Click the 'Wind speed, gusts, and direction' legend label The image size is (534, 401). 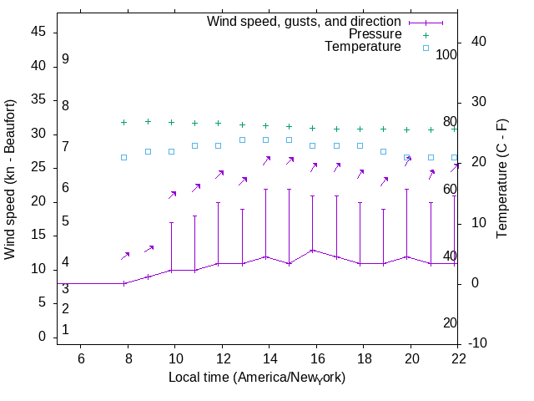pyautogui.click(x=304, y=21)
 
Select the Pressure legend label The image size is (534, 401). pyautogui.click(x=375, y=34)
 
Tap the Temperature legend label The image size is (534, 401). pyautogui.click(x=362, y=47)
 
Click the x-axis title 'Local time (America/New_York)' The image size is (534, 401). pyautogui.click(x=257, y=378)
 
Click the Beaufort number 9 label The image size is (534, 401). pyautogui.click(x=65, y=59)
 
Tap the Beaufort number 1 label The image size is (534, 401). pyautogui.click(x=65, y=330)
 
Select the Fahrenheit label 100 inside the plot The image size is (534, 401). pyautogui.click(x=446, y=54)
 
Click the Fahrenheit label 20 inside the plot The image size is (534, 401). pyautogui.click(x=450, y=322)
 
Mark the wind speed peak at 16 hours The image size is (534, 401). pyautogui.click(x=313, y=250)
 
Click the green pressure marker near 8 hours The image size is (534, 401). pyautogui.click(x=124, y=122)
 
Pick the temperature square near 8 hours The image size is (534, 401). pyautogui.click(x=124, y=157)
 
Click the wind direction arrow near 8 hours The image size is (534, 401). pyautogui.click(x=126, y=255)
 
